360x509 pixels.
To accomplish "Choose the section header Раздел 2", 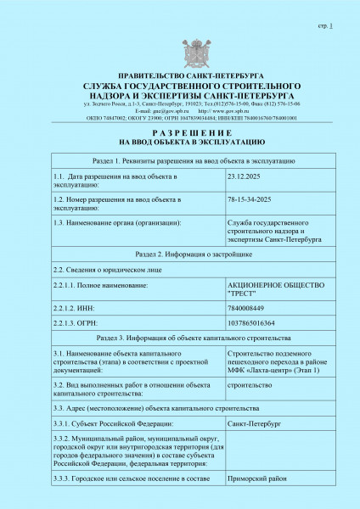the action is (179, 254).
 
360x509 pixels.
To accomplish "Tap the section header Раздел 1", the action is (179, 160).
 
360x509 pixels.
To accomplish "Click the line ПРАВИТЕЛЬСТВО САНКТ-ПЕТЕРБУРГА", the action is (179, 76).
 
